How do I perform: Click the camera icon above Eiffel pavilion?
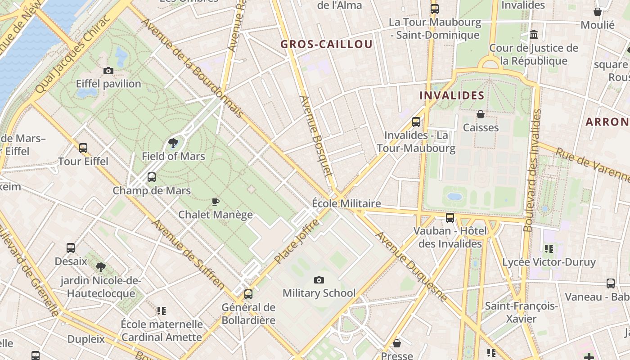(x=108, y=71)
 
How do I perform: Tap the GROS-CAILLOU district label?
(x=326, y=44)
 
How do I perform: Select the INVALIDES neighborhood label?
(x=451, y=95)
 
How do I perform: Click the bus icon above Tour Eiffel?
(x=83, y=148)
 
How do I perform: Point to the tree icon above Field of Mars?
(x=173, y=144)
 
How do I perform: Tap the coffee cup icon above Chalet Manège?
(x=216, y=202)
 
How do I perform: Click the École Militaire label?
(x=346, y=203)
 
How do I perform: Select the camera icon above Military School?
(x=319, y=280)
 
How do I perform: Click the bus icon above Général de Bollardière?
(x=248, y=294)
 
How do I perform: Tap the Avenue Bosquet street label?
(x=315, y=135)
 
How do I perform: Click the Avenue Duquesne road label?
(x=412, y=266)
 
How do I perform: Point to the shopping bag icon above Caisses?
(x=481, y=114)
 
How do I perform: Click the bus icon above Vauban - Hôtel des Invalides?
(x=450, y=218)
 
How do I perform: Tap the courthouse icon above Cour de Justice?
(x=534, y=35)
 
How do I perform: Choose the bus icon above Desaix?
(x=71, y=248)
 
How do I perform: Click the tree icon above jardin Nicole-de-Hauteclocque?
(x=101, y=267)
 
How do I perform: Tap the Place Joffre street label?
(x=297, y=241)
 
